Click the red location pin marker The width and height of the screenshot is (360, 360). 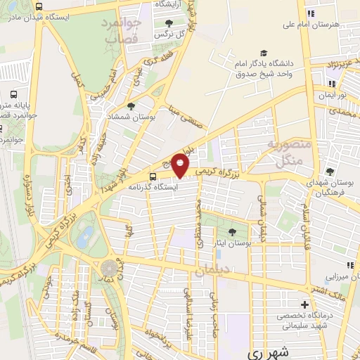click(181, 165)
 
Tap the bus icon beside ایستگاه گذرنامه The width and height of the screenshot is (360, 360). click(153, 176)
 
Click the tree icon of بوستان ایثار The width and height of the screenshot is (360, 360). click(233, 231)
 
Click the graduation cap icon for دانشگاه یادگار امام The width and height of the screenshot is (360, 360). click(264, 53)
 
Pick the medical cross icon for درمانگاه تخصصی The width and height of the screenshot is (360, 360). click(304, 304)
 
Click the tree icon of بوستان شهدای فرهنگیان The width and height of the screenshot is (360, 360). click(330, 172)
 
